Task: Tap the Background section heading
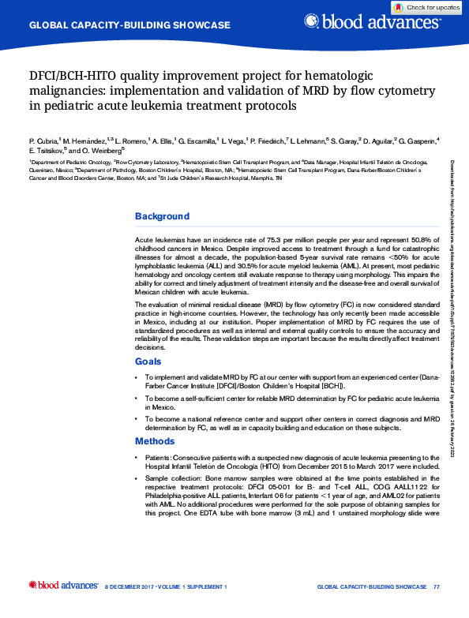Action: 162,216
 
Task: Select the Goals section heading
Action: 148,361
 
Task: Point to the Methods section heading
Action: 155,441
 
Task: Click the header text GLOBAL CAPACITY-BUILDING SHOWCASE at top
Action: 129,25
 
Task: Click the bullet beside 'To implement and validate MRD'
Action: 137,378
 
